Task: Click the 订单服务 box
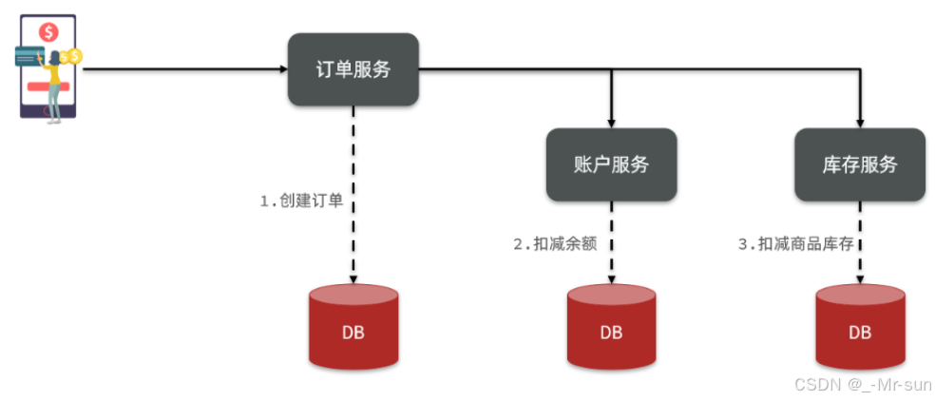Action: (x=353, y=69)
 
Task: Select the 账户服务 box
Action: (x=611, y=163)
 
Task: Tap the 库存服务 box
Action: (x=859, y=163)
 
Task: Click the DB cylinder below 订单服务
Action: (x=353, y=328)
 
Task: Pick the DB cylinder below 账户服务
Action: (x=611, y=328)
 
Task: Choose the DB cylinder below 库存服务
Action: (x=859, y=328)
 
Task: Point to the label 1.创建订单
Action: (x=300, y=201)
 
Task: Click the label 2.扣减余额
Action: (x=555, y=244)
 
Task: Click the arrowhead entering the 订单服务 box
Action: (x=282, y=69)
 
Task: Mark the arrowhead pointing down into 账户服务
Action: (x=611, y=123)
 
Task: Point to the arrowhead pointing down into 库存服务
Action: (x=859, y=123)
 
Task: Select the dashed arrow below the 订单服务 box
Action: (x=353, y=190)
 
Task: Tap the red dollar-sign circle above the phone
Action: (x=48, y=31)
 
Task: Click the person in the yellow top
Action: (x=54, y=81)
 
